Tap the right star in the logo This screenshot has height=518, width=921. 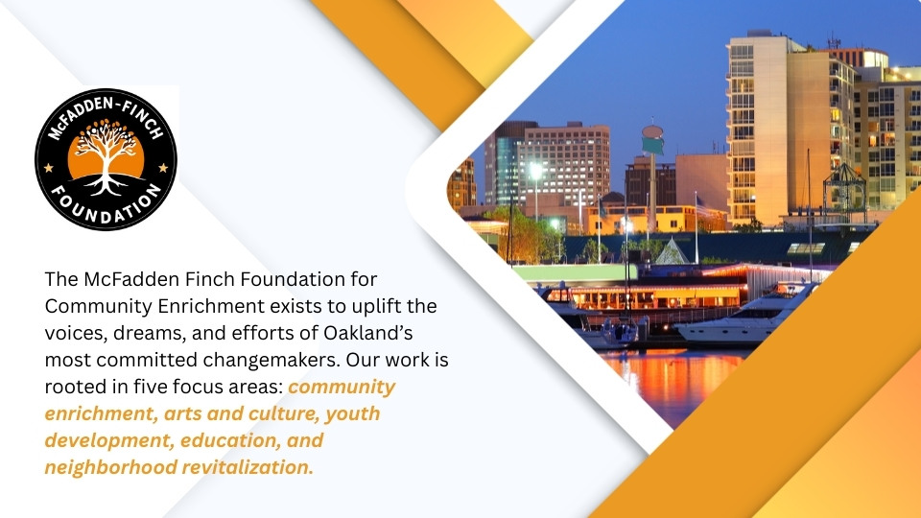pos(162,168)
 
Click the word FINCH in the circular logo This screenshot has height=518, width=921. pos(134,120)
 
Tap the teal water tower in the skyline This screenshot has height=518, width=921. pos(652,138)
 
